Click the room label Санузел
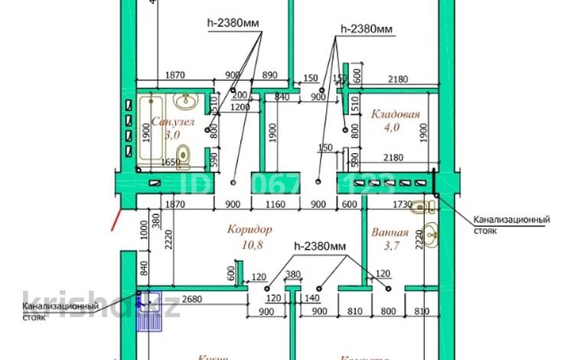click(173, 122)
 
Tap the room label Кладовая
click(395, 115)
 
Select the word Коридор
click(250, 229)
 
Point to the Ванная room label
click(390, 233)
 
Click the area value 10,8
click(250, 244)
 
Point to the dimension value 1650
click(170, 162)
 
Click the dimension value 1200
click(240, 108)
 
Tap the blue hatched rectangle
click(149, 310)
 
